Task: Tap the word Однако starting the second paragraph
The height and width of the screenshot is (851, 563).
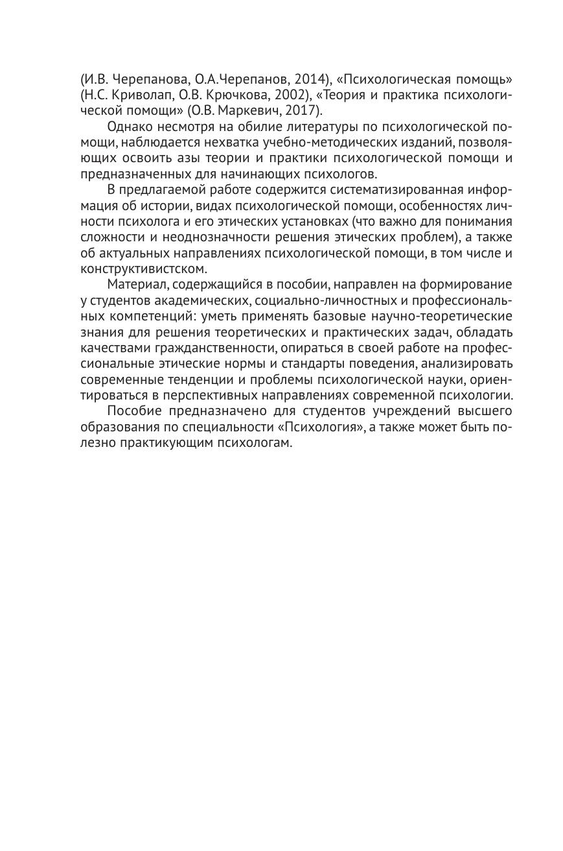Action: [x=130, y=127]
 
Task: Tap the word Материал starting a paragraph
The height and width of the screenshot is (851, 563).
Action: [x=135, y=285]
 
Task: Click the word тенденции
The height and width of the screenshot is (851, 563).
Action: [x=213, y=379]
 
